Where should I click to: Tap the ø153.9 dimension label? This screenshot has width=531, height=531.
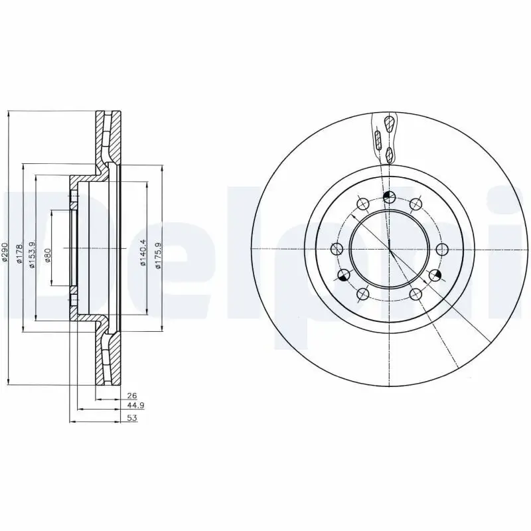point(32,250)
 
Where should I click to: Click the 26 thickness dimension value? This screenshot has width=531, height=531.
point(131,396)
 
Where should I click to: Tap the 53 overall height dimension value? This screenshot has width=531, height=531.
point(132,418)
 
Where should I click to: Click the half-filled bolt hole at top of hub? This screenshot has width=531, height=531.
point(390,196)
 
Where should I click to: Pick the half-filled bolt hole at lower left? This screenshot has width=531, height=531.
point(344,275)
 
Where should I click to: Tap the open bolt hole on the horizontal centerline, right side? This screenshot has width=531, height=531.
point(442,249)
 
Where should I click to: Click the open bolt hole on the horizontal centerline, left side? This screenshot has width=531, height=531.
point(337,249)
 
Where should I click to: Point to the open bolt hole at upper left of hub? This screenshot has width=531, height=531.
point(363,204)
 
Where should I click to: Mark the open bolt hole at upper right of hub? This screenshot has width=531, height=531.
point(416,204)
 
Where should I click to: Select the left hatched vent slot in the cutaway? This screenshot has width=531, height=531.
point(378,140)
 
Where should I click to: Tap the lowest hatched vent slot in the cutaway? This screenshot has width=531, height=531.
point(390,156)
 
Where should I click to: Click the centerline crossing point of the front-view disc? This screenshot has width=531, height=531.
point(390,249)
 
